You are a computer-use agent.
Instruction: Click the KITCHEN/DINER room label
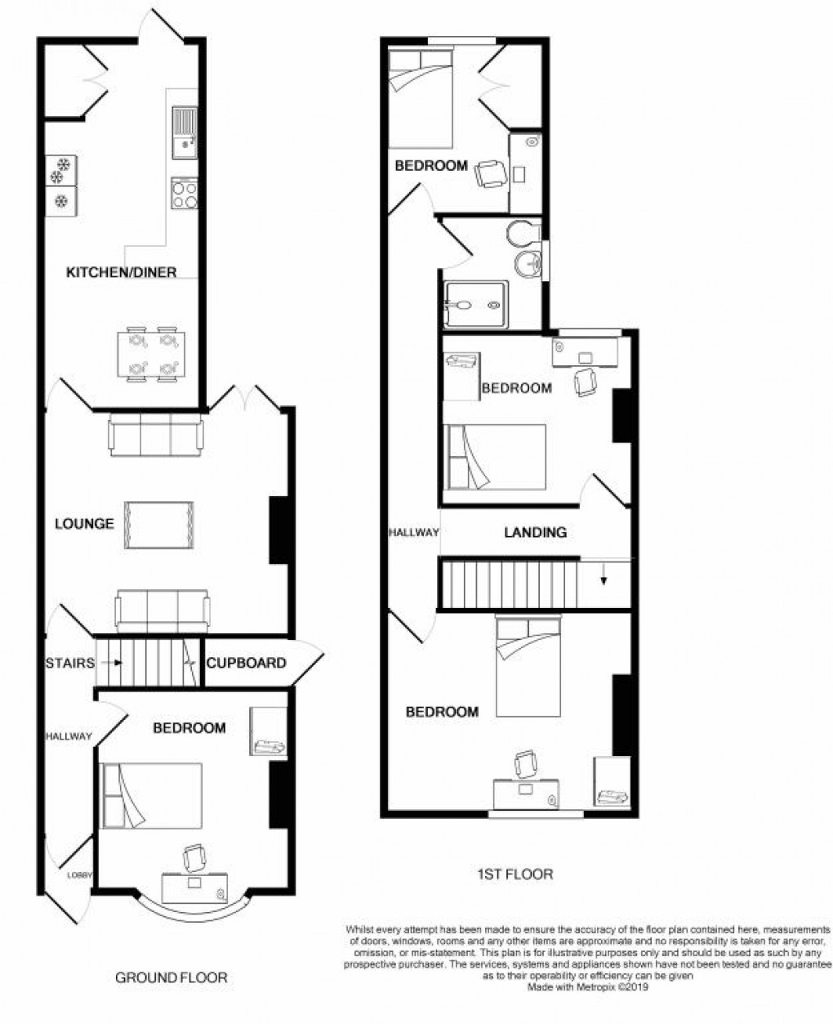point(121,272)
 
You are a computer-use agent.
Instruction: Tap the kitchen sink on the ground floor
point(184,134)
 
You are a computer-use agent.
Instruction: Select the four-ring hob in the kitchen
point(184,195)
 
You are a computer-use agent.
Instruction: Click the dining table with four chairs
point(153,355)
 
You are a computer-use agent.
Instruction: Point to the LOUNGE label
point(84,523)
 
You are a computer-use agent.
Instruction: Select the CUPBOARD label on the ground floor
point(246,663)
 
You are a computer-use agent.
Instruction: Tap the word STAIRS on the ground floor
point(69,663)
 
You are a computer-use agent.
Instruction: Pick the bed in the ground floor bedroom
point(151,795)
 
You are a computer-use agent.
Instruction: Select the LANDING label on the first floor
point(535,532)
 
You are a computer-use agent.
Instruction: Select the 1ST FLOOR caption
point(514,874)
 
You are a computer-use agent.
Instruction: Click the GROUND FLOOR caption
point(171,977)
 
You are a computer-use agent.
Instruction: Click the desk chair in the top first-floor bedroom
point(490,173)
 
